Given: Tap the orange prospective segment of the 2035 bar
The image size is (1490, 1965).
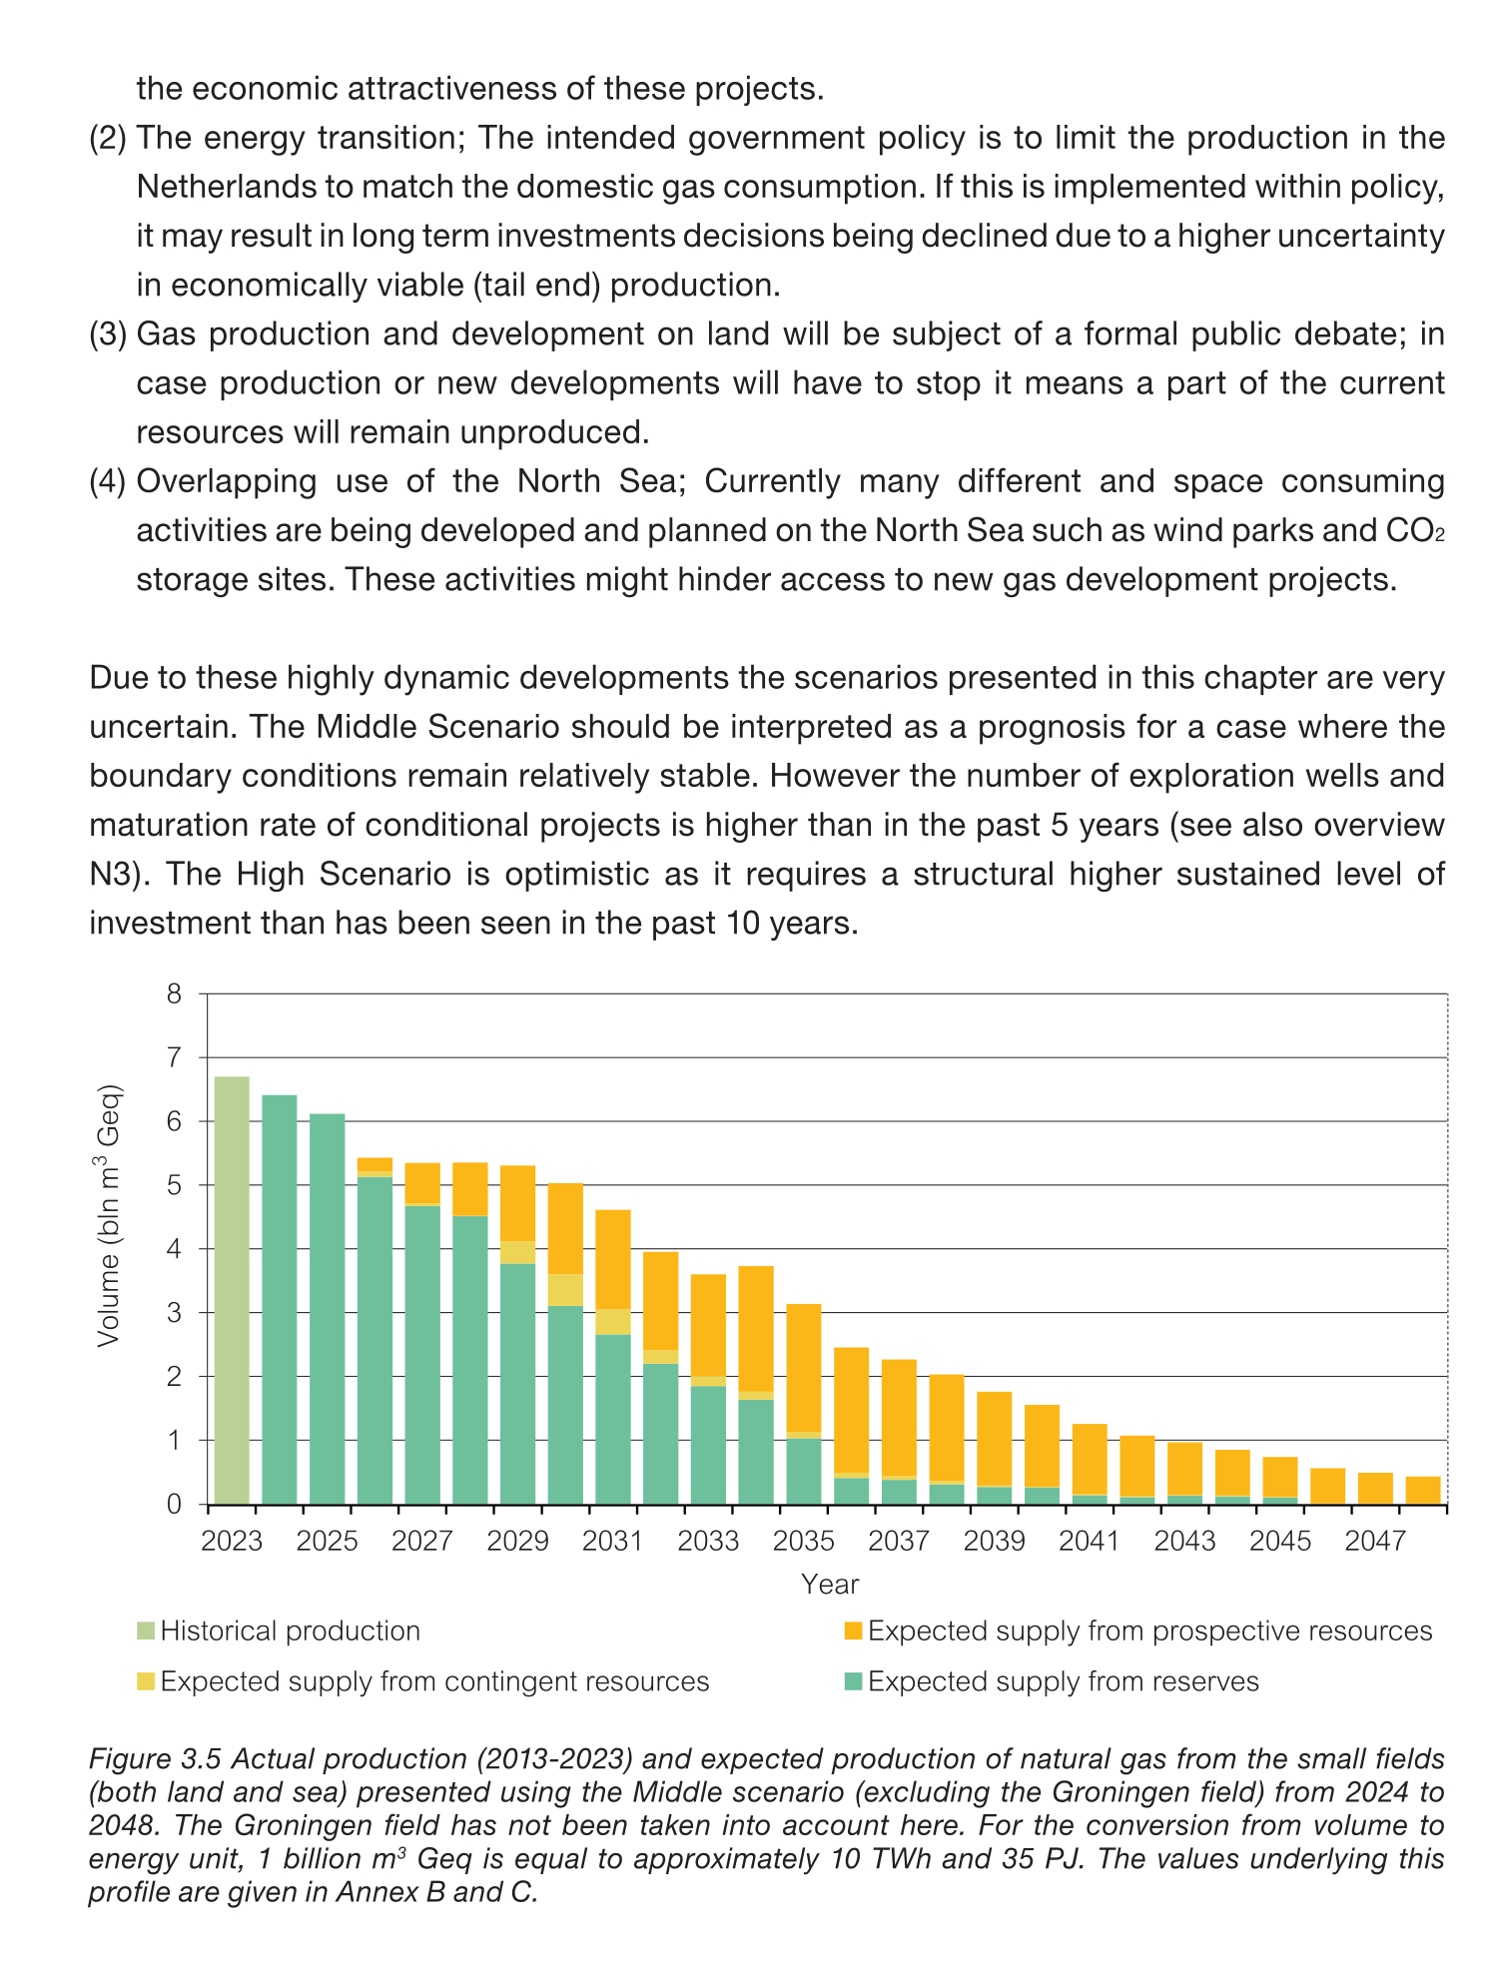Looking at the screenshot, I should click(804, 1368).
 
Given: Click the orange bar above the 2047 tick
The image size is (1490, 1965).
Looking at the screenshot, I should click(1375, 1488).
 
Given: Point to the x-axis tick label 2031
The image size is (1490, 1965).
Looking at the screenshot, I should click(612, 1542).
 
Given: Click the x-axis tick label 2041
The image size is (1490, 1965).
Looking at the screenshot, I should click(1089, 1542).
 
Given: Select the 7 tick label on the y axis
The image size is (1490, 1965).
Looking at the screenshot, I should click(175, 1057).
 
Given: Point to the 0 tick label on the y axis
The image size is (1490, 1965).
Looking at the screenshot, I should click(175, 1504).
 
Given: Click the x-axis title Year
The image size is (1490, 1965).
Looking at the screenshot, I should click(829, 1585).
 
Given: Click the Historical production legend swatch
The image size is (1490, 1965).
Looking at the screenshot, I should click(147, 1632).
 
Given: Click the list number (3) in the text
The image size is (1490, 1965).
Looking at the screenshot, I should click(108, 333).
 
